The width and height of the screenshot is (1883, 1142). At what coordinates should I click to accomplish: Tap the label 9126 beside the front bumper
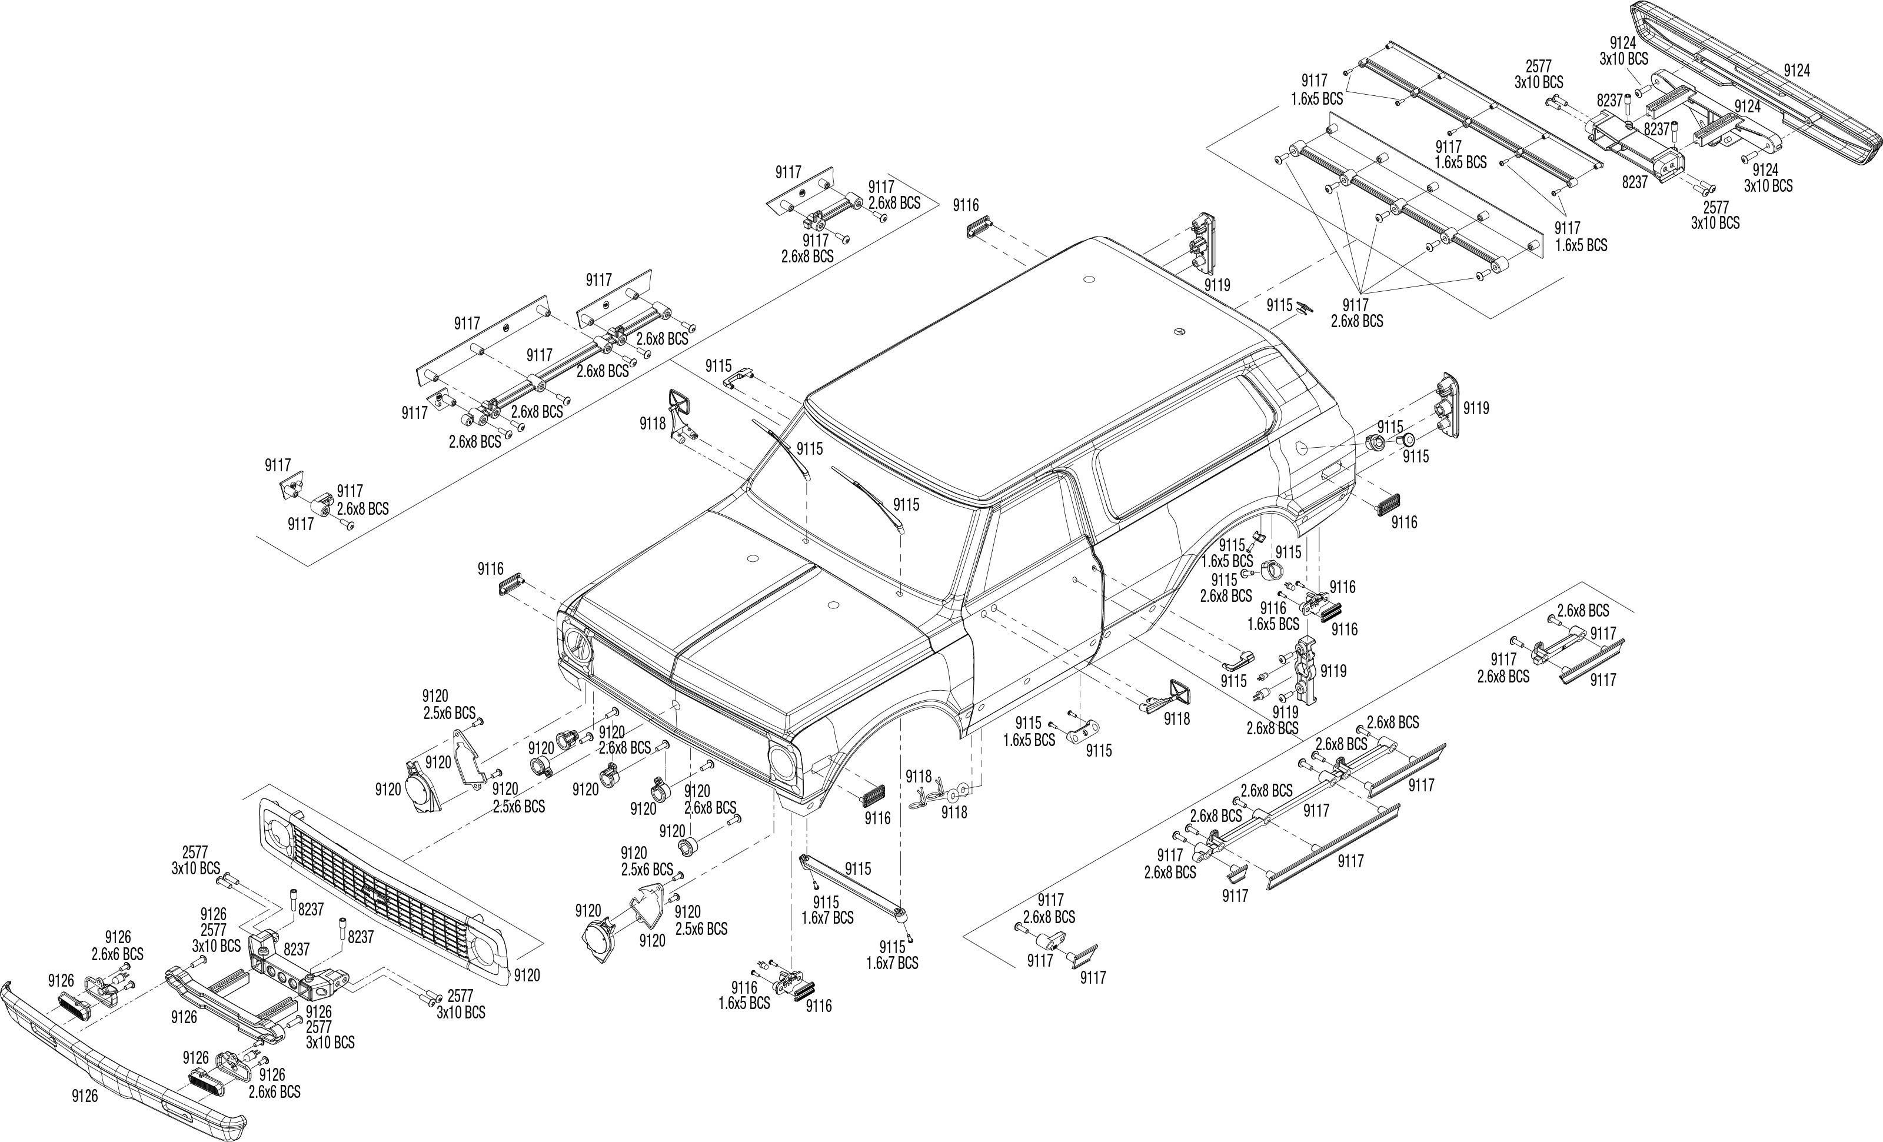point(85,1096)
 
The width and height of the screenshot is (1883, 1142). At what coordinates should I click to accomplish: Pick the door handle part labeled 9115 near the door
point(1237,657)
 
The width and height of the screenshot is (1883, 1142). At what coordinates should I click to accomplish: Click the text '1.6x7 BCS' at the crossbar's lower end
point(892,963)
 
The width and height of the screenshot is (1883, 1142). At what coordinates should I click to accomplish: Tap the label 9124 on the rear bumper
point(1796,70)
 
